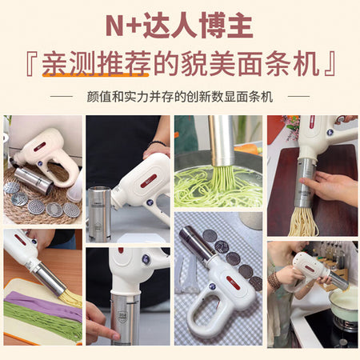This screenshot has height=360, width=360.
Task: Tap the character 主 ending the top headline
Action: (x=240, y=26)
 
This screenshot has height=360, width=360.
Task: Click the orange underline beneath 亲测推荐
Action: (x=95, y=75)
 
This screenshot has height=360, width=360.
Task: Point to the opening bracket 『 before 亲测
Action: (x=32, y=64)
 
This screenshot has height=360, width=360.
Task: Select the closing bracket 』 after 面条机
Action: (x=330, y=64)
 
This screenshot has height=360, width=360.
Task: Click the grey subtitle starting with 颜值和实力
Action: (x=180, y=97)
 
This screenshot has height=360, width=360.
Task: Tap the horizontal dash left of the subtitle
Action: (x=61, y=96)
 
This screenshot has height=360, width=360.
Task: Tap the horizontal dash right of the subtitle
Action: (x=298, y=96)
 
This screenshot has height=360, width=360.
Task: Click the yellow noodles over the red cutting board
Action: (x=303, y=222)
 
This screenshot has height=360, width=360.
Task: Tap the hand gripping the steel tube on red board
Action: (x=330, y=186)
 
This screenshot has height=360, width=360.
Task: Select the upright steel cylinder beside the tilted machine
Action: (x=99, y=214)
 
